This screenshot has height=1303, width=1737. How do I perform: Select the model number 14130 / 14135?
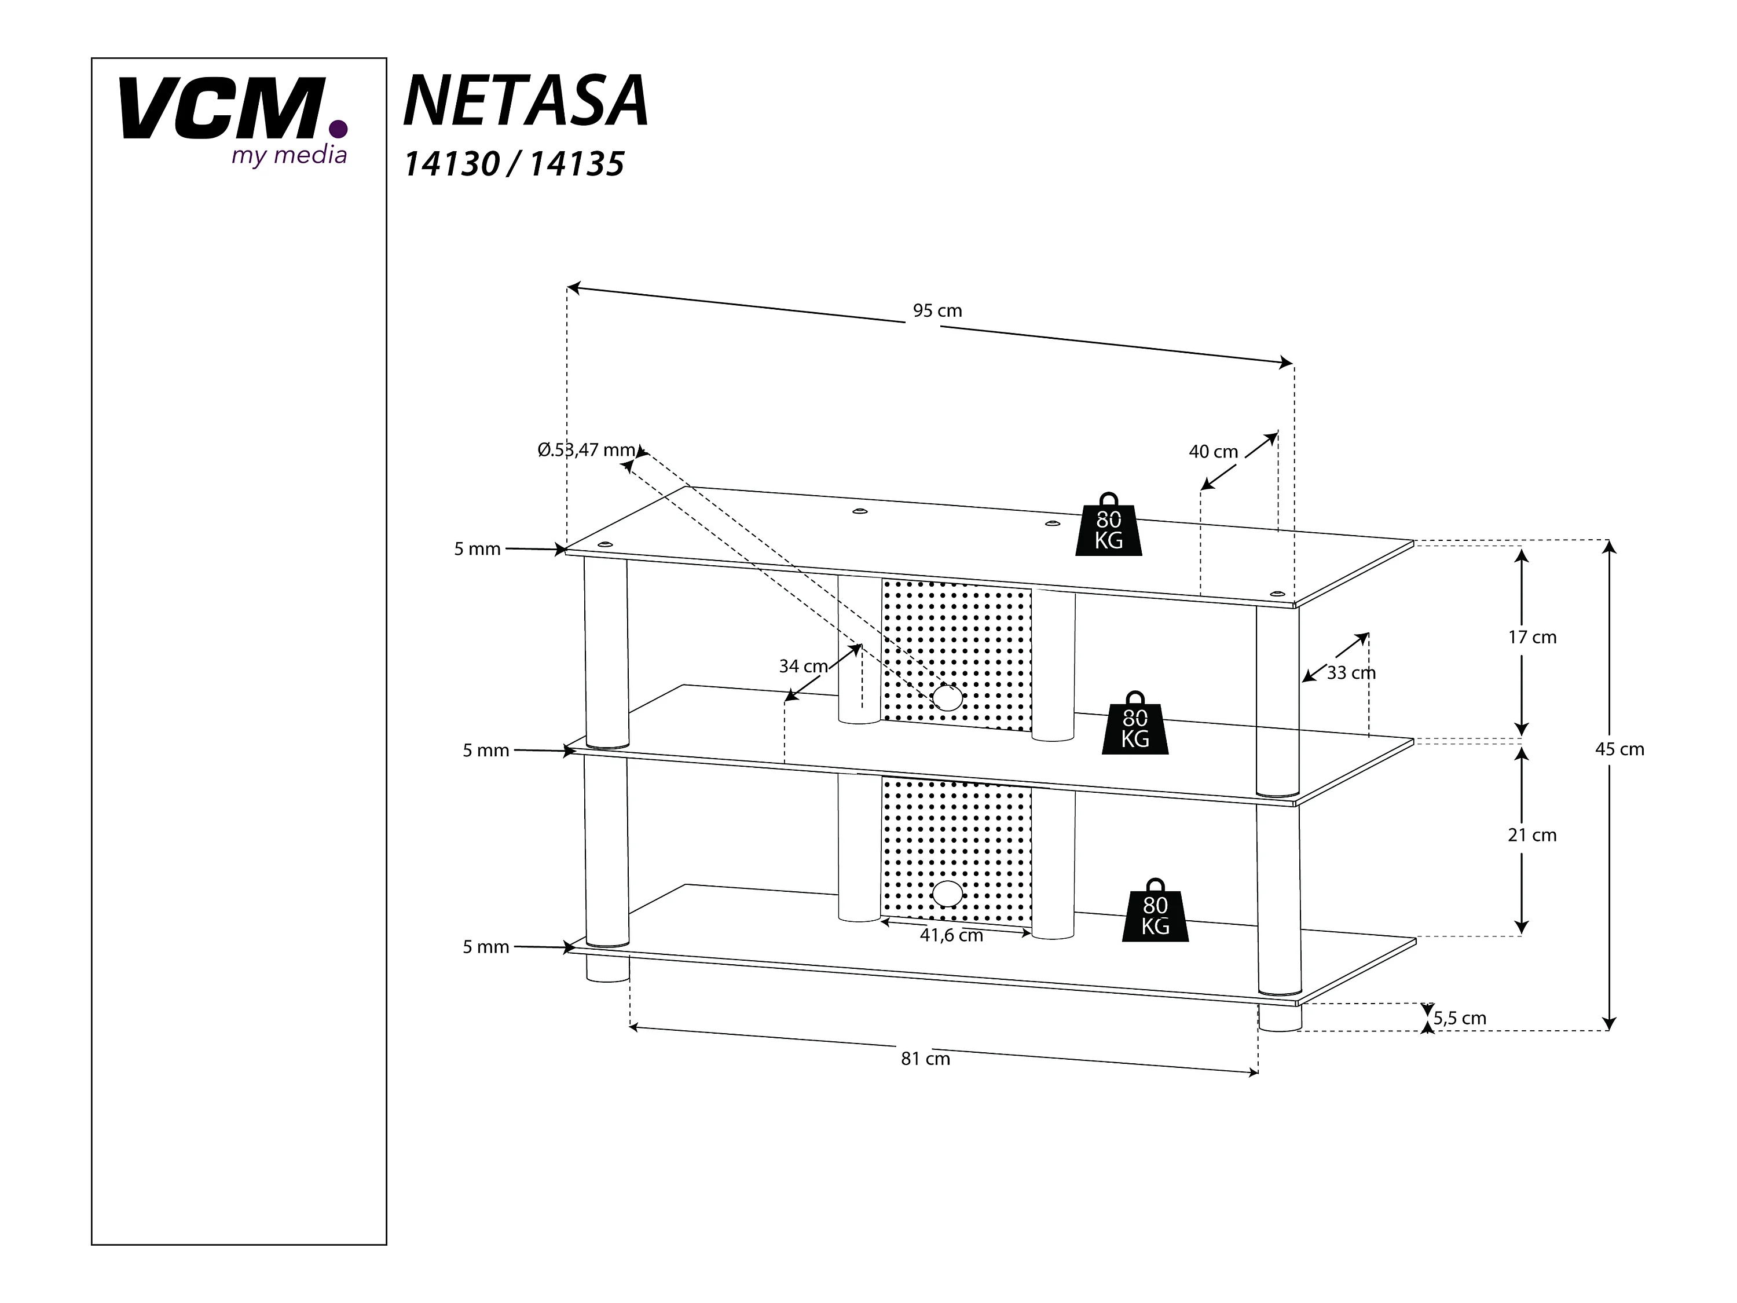(514, 164)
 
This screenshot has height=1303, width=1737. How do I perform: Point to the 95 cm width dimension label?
(937, 311)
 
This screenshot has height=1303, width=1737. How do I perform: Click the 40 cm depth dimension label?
(1212, 452)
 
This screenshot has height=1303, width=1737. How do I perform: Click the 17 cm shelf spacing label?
(1531, 637)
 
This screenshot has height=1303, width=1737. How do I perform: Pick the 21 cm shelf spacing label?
(1531, 835)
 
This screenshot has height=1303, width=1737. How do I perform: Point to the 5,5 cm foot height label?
(1460, 1018)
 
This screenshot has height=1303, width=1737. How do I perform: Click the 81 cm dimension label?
(925, 1059)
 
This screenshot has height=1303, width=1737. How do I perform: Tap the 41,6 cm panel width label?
(951, 935)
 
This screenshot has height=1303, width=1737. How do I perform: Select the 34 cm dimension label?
(802, 666)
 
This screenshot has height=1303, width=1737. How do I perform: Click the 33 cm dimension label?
(1351, 673)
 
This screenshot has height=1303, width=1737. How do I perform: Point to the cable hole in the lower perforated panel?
(947, 894)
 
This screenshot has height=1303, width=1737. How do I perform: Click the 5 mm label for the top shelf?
(477, 549)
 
